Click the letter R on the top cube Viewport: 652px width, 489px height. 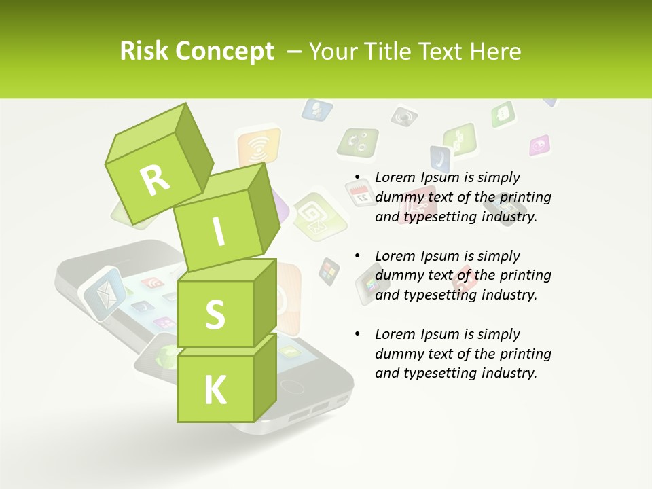pyautogui.click(x=156, y=181)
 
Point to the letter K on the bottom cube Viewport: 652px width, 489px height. pyautogui.click(x=215, y=391)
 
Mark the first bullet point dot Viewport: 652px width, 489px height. pyautogui.click(x=357, y=178)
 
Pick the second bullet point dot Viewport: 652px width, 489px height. pyautogui.click(x=357, y=257)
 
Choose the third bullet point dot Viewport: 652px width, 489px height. pyautogui.click(x=357, y=335)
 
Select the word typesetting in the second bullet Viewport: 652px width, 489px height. pyautogui.click(x=441, y=295)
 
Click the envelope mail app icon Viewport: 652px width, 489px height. pyautogui.click(x=103, y=293)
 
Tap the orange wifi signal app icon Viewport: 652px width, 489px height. pyautogui.click(x=258, y=146)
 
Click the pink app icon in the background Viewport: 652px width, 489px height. pyautogui.click(x=539, y=145)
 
